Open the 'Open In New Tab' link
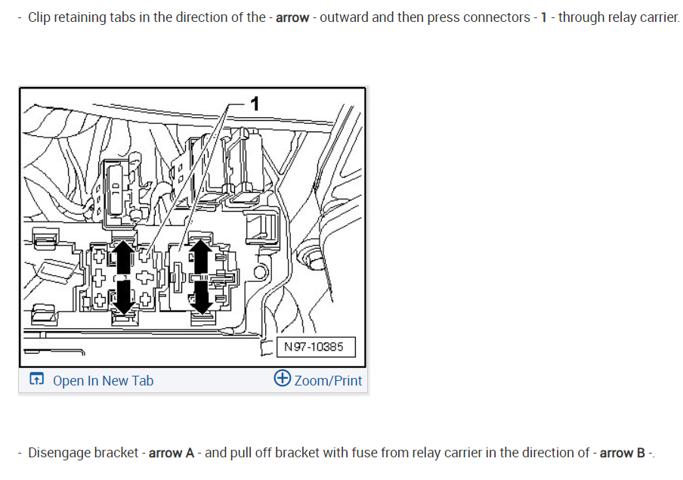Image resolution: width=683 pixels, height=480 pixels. click(103, 380)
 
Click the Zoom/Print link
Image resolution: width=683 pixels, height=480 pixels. click(328, 380)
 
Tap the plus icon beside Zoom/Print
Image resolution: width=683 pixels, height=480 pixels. click(282, 379)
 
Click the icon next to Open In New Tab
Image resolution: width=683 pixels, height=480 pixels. click(36, 379)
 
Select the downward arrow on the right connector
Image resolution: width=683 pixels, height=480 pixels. click(200, 297)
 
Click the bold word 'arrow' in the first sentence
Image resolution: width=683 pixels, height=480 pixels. click(292, 17)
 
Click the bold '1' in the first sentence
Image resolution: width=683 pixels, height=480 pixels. click(543, 17)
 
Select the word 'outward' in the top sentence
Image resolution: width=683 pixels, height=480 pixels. click(345, 17)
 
